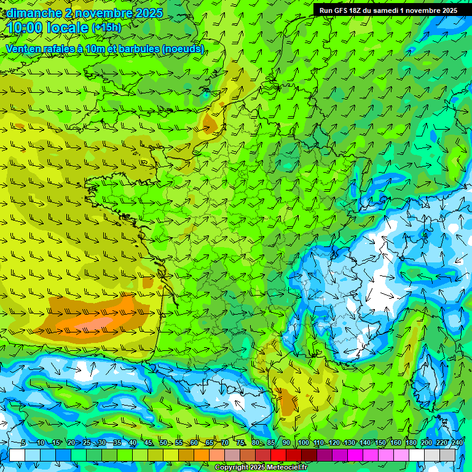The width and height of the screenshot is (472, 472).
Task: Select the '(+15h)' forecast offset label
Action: point(106,28)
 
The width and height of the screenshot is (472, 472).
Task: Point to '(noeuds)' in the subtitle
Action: point(184,49)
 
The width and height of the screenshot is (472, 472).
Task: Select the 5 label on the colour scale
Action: point(23,443)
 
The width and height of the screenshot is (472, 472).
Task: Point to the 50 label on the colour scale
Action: point(163,443)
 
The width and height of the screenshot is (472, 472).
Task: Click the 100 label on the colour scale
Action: point(303,443)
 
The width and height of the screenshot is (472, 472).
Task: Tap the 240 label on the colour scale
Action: point(457,443)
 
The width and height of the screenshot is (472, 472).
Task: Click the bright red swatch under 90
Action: point(279,455)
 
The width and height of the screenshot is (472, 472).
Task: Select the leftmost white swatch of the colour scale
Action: point(17,455)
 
